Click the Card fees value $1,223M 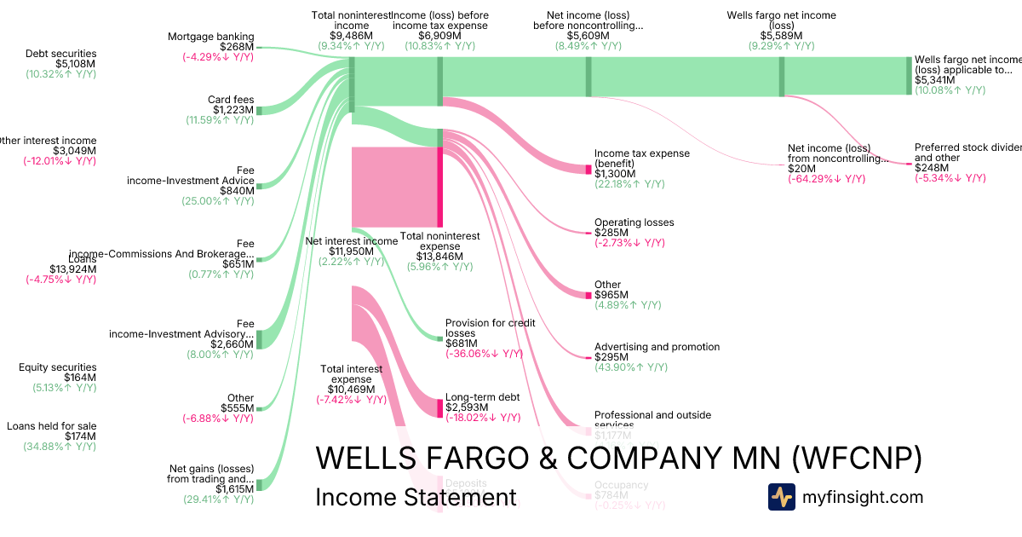[x=232, y=110]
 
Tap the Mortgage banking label [x=210, y=37]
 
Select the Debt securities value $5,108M [x=76, y=64]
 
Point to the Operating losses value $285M [x=611, y=233]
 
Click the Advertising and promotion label [x=657, y=347]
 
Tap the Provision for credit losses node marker [x=439, y=338]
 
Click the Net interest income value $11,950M [x=351, y=251]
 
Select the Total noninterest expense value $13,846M [x=439, y=257]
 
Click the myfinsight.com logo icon [x=782, y=497]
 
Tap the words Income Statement [x=416, y=498]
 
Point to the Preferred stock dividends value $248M [x=933, y=168]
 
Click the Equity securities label [x=58, y=367]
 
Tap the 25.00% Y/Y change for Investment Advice [x=218, y=201]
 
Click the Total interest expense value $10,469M [x=352, y=390]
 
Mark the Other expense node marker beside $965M [x=588, y=295]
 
